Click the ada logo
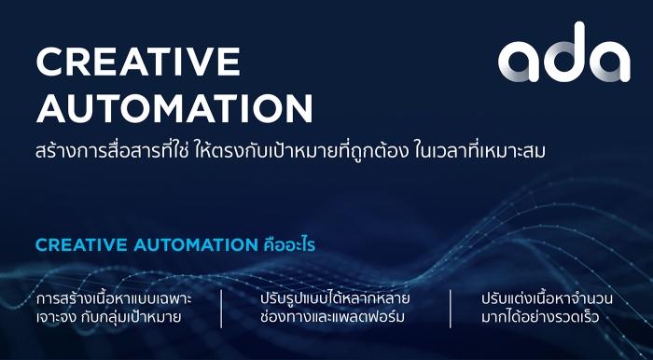point(563,52)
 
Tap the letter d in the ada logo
point(563,52)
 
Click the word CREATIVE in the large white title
point(138,62)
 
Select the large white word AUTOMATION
point(174,108)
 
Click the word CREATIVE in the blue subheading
point(82,245)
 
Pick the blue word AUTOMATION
point(196,245)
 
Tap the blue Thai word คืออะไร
point(290,244)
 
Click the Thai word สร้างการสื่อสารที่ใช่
point(113,151)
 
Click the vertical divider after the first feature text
point(221,309)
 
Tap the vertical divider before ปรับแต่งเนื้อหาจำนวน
point(451,309)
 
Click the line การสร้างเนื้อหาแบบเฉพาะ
point(114,299)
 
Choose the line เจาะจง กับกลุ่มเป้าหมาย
point(109,318)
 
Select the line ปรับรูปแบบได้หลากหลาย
point(335,299)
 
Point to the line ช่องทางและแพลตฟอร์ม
point(332,317)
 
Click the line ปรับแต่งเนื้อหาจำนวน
point(547,299)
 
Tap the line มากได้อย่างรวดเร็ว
point(540,317)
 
